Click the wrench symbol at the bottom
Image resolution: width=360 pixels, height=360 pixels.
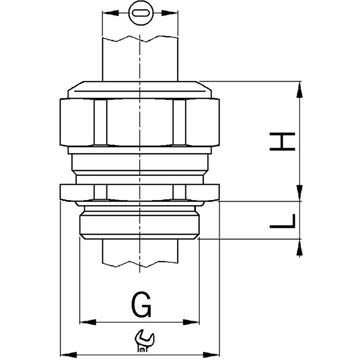143,341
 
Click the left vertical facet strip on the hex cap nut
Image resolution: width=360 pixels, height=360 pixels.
100,123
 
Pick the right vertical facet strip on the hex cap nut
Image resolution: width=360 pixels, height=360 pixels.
179,123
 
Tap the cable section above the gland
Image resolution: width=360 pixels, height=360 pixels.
140,57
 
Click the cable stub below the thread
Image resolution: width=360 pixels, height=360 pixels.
140,252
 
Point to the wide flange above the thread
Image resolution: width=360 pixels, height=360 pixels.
140,193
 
